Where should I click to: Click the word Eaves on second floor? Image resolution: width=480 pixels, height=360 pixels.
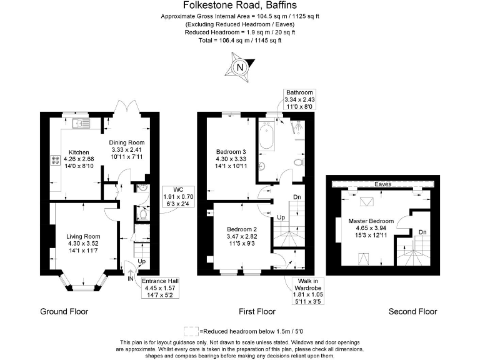coord(383,184)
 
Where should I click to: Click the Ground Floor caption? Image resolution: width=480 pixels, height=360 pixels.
coord(64,311)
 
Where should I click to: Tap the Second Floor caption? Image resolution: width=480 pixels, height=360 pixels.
coord(412,311)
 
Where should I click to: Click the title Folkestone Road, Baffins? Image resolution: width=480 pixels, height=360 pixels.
coord(239,6)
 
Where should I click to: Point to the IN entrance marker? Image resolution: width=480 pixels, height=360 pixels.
coord(130,278)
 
